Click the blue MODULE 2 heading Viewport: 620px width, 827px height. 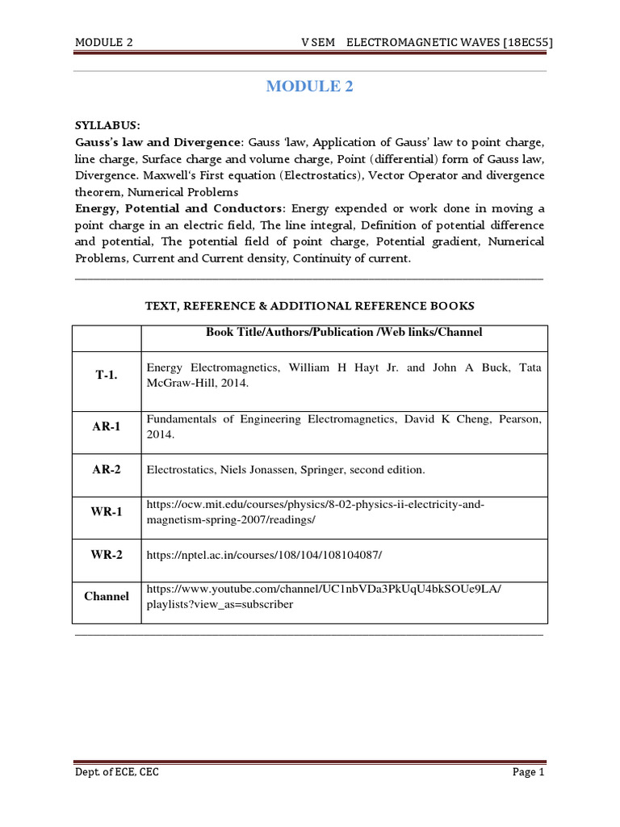pyautogui.click(x=310, y=87)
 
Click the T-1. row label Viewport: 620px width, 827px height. pyautogui.click(x=107, y=376)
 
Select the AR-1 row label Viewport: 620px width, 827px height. pyautogui.click(x=107, y=426)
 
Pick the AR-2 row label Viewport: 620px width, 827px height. pyautogui.click(x=107, y=469)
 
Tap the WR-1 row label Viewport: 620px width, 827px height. pyautogui.click(x=107, y=512)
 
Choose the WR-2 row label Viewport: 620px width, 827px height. pyautogui.click(x=107, y=555)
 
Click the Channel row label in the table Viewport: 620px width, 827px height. pyautogui.click(x=107, y=596)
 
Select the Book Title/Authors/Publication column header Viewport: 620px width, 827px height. pyautogui.click(x=344, y=332)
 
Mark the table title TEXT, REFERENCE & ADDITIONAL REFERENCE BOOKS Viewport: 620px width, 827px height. pyautogui.click(x=309, y=306)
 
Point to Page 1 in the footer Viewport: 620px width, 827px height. pyautogui.click(x=529, y=773)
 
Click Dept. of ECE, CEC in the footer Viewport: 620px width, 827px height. pyautogui.click(x=112, y=773)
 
